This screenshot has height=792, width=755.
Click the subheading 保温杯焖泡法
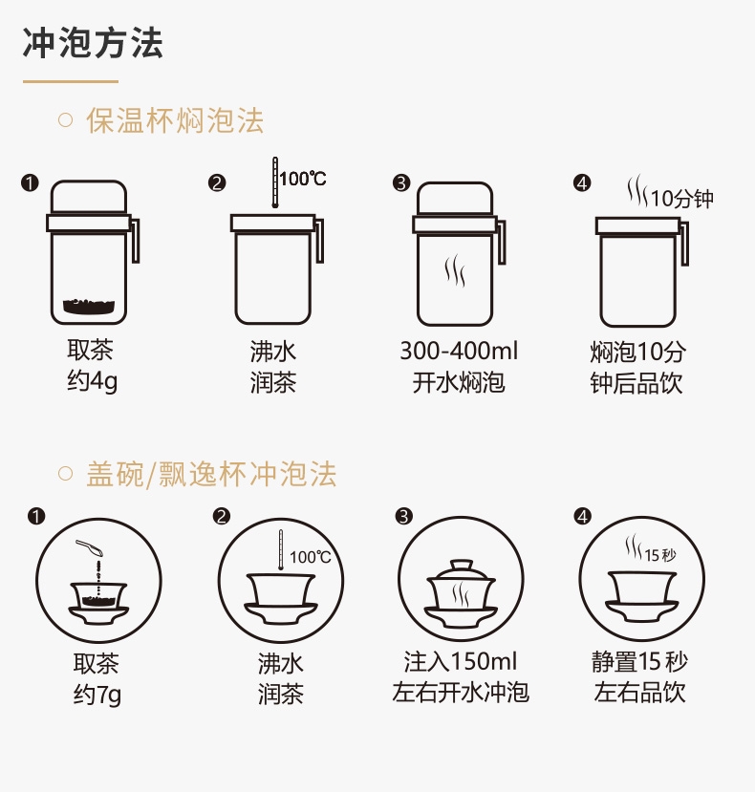(175, 121)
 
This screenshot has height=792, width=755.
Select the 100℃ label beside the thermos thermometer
(303, 179)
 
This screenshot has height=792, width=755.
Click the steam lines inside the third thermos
(455, 270)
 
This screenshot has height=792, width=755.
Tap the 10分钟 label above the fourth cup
(681, 199)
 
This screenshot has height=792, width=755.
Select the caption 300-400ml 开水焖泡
(459, 367)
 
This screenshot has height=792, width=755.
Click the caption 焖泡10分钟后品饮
(637, 367)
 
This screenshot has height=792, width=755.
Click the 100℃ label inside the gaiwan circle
(310, 557)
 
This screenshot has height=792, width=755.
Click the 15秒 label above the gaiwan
(660, 555)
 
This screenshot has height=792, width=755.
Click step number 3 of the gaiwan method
(404, 517)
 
